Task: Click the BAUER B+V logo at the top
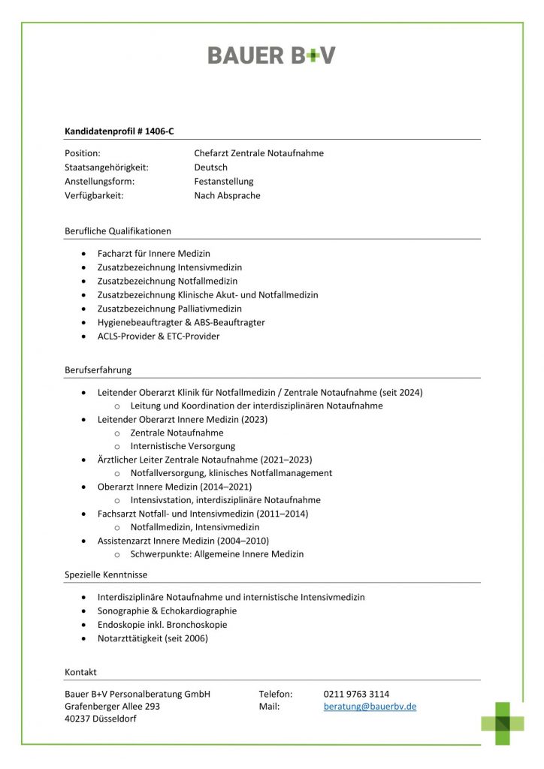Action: (271, 55)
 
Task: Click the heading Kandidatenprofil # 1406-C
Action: (119, 131)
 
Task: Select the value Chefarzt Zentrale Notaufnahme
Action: (258, 153)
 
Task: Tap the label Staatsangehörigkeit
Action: (107, 167)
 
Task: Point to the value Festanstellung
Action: (224, 182)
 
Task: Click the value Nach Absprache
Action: (227, 196)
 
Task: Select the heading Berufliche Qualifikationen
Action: (118, 231)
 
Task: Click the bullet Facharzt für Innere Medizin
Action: (153, 254)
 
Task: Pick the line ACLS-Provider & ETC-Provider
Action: (158, 336)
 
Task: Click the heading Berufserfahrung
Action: (98, 370)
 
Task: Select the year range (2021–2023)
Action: (286, 460)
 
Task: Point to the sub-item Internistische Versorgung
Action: (183, 446)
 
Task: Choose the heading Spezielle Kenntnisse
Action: (106, 575)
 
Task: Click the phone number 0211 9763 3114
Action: (356, 694)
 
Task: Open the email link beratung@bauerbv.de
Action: (370, 707)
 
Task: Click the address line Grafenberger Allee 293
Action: (112, 707)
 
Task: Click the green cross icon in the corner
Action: (503, 723)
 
